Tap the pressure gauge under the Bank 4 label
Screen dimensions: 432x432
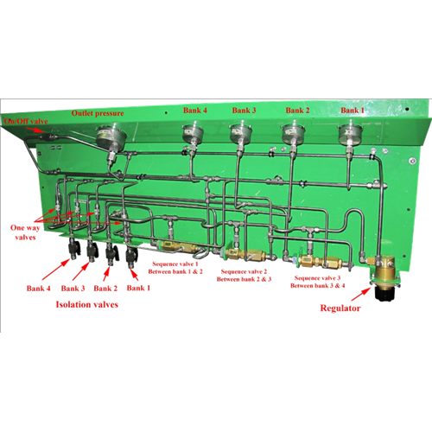[x=191, y=132]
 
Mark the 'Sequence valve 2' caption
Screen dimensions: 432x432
[x=245, y=274]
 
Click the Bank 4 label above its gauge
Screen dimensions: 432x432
[x=194, y=111]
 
